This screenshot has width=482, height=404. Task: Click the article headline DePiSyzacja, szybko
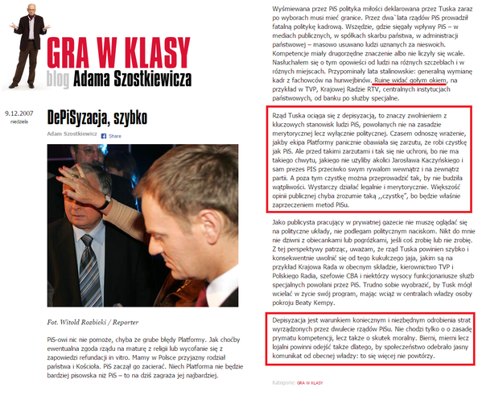[97, 117]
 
